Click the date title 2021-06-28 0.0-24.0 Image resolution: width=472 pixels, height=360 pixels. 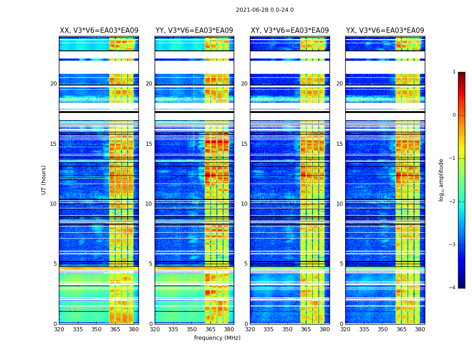pyautogui.click(x=265, y=10)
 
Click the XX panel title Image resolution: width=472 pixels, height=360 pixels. pyautogui.click(x=99, y=31)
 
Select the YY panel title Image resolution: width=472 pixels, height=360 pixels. pyautogui.click(x=194, y=31)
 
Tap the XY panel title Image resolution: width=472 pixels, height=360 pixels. pyautogui.click(x=289, y=31)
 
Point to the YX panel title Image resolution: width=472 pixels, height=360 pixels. pyautogui.click(x=385, y=31)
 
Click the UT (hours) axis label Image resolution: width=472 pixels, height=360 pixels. pyautogui.click(x=44, y=180)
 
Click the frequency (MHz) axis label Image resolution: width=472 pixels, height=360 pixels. pyautogui.click(x=217, y=338)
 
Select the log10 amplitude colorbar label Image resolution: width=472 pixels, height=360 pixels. pyautogui.click(x=441, y=180)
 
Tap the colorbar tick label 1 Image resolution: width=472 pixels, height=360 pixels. pyautogui.click(x=454, y=72)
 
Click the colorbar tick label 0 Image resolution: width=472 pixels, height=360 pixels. pyautogui.click(x=454, y=115)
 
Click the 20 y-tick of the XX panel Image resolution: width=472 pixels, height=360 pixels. pyautogui.click(x=53, y=84)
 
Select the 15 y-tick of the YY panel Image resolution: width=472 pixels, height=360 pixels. pyautogui.click(x=149, y=144)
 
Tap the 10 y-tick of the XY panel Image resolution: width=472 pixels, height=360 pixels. pyautogui.click(x=244, y=204)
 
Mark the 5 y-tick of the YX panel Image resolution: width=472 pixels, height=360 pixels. pyautogui.click(x=341, y=264)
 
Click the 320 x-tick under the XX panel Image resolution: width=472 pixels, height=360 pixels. pyautogui.click(x=59, y=329)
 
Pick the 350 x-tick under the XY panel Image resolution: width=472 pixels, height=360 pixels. pyautogui.click(x=287, y=329)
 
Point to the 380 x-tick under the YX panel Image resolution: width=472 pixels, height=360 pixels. pyautogui.click(x=420, y=329)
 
